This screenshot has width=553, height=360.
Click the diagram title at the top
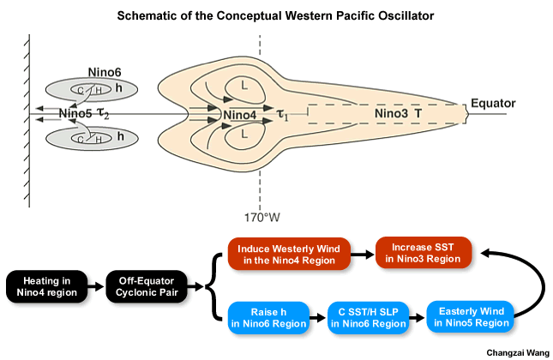(x=276, y=17)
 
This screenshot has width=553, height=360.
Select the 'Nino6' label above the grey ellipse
(x=105, y=74)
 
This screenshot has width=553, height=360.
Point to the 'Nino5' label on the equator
(x=75, y=113)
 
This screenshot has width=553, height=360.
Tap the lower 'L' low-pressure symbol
(x=245, y=135)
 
